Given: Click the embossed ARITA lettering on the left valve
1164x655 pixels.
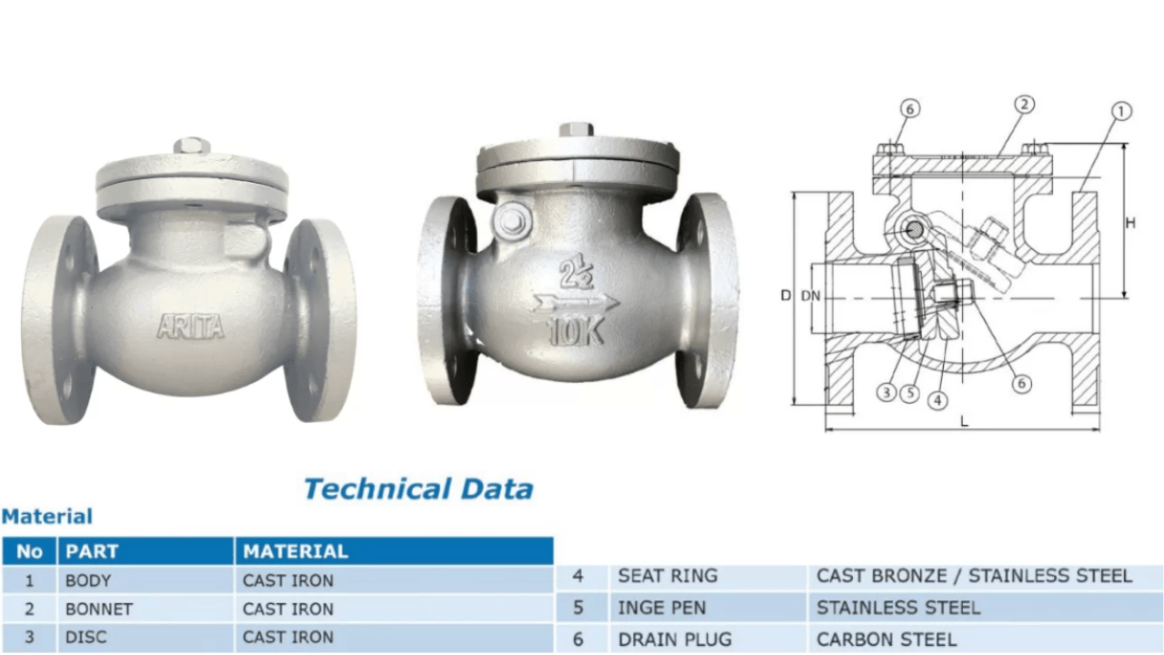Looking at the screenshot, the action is point(191,327).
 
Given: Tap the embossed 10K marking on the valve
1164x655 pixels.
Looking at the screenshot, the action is point(577,331).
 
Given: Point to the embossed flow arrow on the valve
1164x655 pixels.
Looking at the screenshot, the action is point(577,302).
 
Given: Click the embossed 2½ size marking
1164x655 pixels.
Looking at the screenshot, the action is point(577,274).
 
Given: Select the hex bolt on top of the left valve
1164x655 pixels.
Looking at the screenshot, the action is point(192,146).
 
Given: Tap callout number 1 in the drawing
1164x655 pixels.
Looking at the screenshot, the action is point(1121,112).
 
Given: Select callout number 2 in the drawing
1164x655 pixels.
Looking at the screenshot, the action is point(1024,105).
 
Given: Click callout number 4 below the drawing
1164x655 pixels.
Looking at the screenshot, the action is point(938,400).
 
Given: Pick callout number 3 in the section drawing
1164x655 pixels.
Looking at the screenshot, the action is point(887,392).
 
